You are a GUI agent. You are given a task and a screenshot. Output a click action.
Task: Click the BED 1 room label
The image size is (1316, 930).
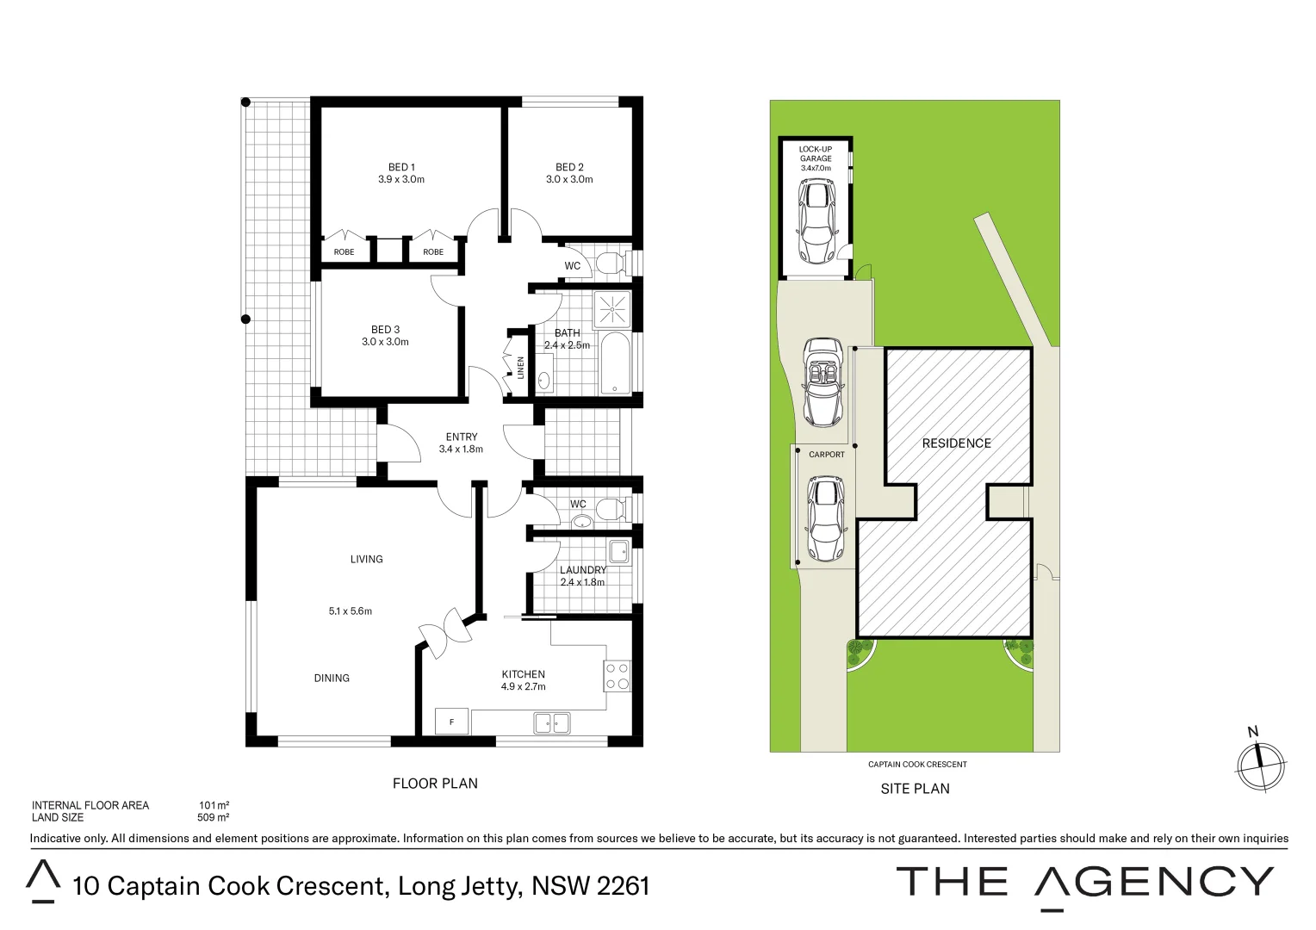[401, 167]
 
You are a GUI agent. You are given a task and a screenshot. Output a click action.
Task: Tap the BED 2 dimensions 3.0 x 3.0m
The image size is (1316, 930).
[569, 180]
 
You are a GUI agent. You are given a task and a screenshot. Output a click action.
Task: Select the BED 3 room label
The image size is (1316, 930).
[385, 330]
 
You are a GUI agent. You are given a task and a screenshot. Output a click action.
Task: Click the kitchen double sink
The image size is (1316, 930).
[552, 722]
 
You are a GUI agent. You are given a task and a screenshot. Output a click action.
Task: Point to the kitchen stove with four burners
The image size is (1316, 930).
[618, 675]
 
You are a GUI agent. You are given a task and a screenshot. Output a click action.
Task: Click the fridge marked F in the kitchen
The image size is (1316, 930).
[451, 722]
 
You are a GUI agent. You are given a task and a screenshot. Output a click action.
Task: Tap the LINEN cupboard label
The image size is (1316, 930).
[520, 368]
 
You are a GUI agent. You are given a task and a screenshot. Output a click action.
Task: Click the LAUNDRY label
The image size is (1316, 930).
[583, 570]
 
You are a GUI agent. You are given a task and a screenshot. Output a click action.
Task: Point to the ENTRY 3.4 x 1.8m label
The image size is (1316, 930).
[462, 443]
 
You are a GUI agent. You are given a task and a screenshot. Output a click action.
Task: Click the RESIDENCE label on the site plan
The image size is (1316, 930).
[956, 443]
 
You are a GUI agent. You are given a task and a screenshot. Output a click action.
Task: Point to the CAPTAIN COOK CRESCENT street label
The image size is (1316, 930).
[917, 765]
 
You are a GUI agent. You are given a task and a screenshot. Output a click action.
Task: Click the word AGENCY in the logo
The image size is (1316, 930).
[1153, 883]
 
